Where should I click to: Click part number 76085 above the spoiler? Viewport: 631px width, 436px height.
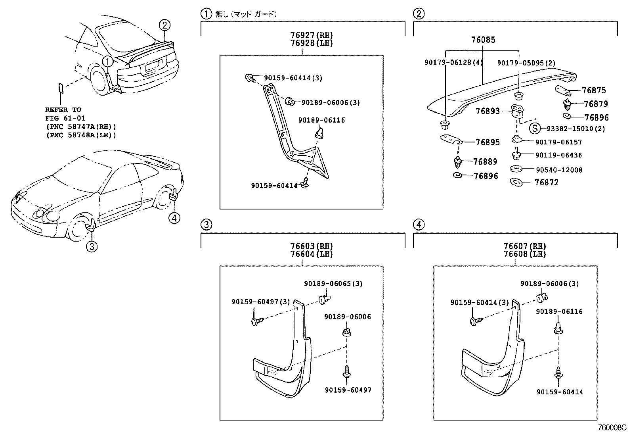[483, 40]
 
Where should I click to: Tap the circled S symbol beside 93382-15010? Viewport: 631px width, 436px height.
[535, 128]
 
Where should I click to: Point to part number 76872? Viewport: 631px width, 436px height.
[546, 182]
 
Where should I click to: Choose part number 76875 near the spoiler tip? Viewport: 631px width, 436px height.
[594, 90]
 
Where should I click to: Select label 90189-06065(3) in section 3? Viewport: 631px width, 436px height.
[333, 284]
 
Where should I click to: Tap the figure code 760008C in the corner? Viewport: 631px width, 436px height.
[613, 428]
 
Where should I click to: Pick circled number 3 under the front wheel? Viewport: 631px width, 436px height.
[92, 247]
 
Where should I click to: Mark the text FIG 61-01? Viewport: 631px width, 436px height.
[65, 118]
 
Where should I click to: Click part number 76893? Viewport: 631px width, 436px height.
[488, 112]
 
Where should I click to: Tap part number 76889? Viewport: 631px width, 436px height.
[485, 161]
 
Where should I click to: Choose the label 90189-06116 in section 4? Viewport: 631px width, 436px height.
[559, 311]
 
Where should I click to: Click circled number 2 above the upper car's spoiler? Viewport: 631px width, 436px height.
[165, 25]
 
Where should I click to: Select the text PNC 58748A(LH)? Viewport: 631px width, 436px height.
[81, 135]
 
